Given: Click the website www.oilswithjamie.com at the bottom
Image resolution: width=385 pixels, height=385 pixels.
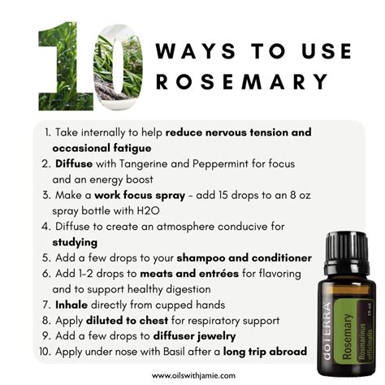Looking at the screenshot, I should point(192,374).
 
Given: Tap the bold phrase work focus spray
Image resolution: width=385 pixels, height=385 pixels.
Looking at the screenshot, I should point(132,196).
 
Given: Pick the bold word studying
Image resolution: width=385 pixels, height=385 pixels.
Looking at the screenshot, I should point(75,242).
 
